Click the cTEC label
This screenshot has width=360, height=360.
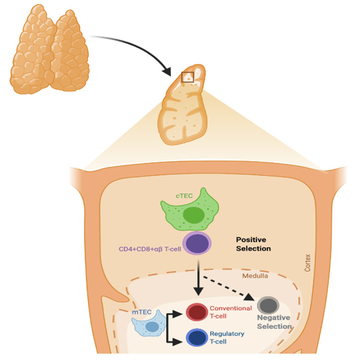pyautogui.click(x=184, y=196)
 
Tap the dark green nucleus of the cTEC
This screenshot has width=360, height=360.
pyautogui.click(x=194, y=215)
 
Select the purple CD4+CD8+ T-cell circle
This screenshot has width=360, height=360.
pyautogui.click(x=197, y=244)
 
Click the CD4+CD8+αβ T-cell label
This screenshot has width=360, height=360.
pyautogui.click(x=150, y=249)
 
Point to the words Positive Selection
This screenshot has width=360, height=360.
pyautogui.click(x=253, y=244)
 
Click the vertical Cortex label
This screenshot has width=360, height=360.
pyautogui.click(x=307, y=263)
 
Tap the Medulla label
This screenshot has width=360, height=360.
pyautogui.click(x=255, y=276)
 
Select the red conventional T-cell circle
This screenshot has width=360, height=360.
pyautogui.click(x=197, y=312)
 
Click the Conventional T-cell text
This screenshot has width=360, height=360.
pyautogui.click(x=230, y=312)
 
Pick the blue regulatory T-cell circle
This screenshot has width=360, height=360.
pyautogui.click(x=197, y=337)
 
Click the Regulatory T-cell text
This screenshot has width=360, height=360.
pyautogui.click(x=227, y=338)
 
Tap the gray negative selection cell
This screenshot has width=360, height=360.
pyautogui.click(x=268, y=305)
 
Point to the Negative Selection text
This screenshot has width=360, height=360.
pyautogui.click(x=274, y=322)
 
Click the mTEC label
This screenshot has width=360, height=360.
pyautogui.click(x=141, y=312)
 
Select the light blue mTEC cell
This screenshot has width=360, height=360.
pyautogui.click(x=149, y=323)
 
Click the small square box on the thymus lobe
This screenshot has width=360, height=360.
pyautogui.click(x=188, y=77)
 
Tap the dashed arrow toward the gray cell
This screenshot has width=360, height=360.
pyautogui.click(x=229, y=288)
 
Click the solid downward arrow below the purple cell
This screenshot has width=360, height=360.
pyautogui.click(x=199, y=278)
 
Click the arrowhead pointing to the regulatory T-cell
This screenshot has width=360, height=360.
pyautogui.click(x=177, y=342)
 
